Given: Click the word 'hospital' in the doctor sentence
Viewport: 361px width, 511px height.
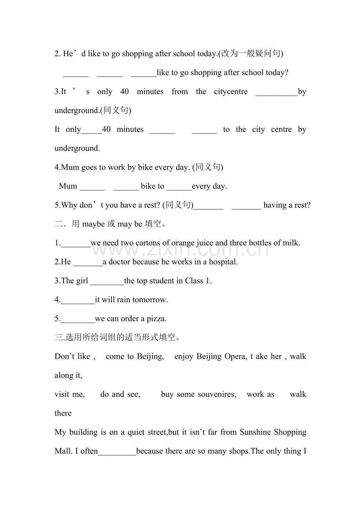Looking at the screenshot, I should coord(222,262).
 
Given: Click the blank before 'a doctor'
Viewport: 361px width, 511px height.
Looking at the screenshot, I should coord(88,262).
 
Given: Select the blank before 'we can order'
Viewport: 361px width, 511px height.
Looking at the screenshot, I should coord(78,319).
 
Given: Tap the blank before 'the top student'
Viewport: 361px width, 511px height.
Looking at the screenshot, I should coord(107,281).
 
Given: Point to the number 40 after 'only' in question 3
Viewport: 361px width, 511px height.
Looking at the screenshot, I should coord(124,92).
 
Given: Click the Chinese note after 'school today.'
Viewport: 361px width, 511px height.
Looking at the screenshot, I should coord(251,54).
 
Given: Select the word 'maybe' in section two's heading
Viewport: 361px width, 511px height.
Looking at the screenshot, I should coord(93,224).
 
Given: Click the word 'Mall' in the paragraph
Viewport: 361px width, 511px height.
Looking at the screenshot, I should coord(63,451).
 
